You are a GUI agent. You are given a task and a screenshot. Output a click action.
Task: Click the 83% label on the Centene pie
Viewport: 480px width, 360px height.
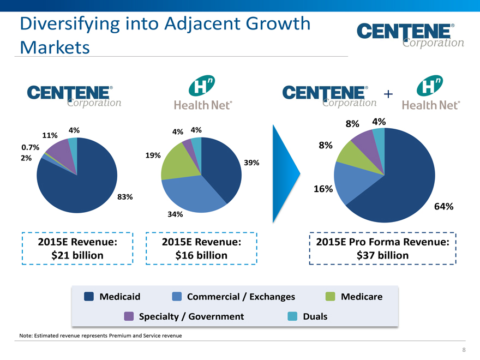click(x=125, y=196)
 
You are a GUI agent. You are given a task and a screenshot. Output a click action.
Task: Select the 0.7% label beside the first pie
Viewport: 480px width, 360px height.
click(x=29, y=147)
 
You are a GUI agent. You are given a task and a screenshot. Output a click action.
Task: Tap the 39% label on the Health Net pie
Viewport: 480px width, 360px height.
click(x=251, y=163)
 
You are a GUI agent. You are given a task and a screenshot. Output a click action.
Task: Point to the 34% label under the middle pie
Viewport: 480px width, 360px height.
click(x=175, y=214)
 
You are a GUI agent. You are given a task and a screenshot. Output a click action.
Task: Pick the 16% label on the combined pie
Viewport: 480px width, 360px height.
click(x=323, y=189)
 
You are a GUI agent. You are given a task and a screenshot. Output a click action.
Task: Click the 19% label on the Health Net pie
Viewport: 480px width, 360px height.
click(x=153, y=155)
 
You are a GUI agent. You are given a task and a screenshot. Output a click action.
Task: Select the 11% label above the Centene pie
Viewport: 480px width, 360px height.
click(x=50, y=135)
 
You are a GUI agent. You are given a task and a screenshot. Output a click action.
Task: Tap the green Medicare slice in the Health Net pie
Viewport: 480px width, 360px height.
click(x=175, y=163)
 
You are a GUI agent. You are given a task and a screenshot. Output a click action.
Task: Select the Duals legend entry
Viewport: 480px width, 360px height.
click(x=315, y=316)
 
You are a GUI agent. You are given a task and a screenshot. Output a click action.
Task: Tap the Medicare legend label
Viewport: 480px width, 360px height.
click(x=362, y=297)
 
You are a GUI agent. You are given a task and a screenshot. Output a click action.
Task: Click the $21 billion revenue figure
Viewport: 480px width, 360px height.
click(x=77, y=255)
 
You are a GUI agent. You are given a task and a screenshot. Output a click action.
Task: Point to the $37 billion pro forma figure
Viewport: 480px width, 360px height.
click(x=382, y=255)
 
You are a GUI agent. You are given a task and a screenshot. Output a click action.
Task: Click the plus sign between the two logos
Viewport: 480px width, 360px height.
click(x=388, y=94)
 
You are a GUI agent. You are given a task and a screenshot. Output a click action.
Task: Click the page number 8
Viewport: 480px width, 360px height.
click(x=464, y=350)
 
